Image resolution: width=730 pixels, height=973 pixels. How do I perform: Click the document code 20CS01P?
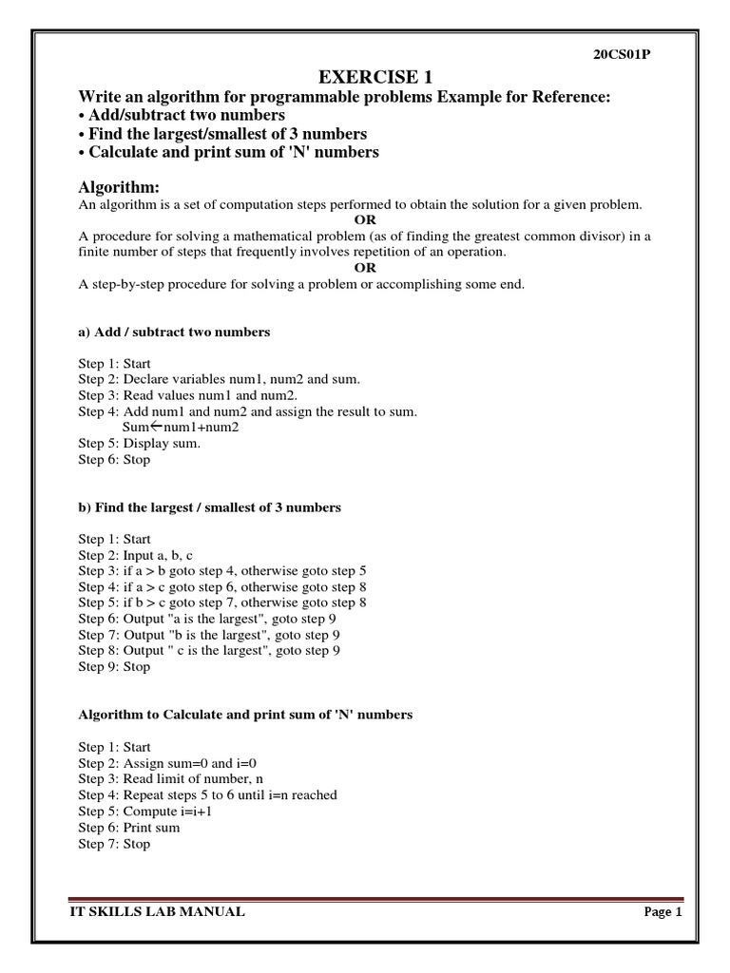pyautogui.click(x=622, y=54)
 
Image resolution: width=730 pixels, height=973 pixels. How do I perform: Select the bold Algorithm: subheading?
pyautogui.click(x=118, y=187)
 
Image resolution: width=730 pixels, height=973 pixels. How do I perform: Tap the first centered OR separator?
pyautogui.click(x=365, y=219)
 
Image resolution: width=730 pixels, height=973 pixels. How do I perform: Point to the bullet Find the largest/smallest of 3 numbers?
pyautogui.click(x=221, y=134)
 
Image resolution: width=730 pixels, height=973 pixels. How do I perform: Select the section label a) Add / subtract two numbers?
pyautogui.click(x=174, y=332)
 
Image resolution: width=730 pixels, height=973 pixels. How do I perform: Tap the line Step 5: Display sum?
pyautogui.click(x=139, y=443)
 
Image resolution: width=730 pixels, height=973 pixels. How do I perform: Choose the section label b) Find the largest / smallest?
pyautogui.click(x=209, y=507)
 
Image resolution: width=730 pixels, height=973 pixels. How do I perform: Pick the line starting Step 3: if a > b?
pyautogui.click(x=221, y=571)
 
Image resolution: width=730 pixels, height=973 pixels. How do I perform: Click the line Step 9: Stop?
pyautogui.click(x=114, y=667)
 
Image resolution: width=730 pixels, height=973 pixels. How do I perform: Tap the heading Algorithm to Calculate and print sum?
pyautogui.click(x=245, y=715)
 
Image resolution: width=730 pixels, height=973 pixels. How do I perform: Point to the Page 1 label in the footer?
pyautogui.click(x=663, y=912)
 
